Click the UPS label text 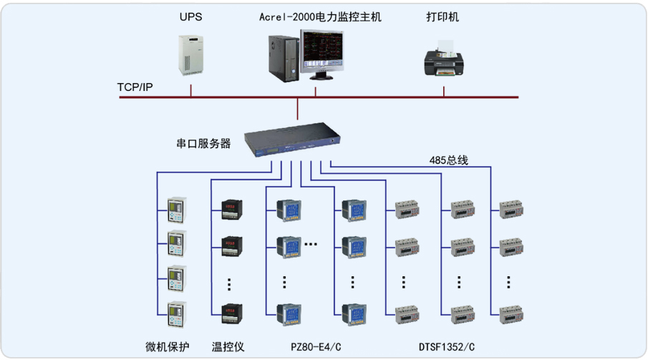pos(191,16)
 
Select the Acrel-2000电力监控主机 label pos(320,16)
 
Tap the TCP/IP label pos(135,87)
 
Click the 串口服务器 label pos(204,143)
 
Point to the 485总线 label pos(449,160)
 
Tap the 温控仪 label pos(228,347)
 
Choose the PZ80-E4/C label pos(316,347)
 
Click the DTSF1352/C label pos(447,347)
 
